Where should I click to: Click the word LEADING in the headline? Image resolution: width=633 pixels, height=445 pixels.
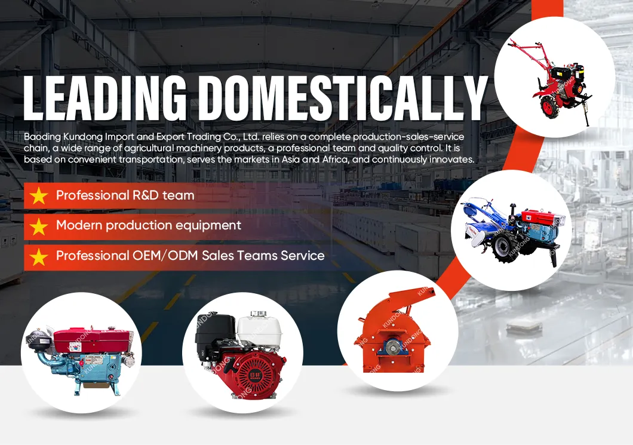coord(105,97)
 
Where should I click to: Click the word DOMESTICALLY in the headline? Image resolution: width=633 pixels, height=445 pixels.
coord(343,97)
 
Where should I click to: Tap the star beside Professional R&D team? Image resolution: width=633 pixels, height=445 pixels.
coord(39,196)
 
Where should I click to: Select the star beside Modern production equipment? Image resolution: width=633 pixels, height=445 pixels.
coord(39,226)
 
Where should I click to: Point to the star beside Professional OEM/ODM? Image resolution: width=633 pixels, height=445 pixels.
coord(39,257)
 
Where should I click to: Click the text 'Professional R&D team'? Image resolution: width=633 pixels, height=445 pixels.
coord(125,195)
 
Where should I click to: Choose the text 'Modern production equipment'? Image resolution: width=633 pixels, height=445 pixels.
coord(149,225)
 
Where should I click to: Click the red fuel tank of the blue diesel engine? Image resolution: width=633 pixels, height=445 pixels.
coord(93,340)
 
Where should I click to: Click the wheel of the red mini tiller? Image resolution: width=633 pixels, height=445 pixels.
coord(550,108)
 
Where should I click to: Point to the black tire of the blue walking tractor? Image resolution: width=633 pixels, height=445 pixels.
coord(505,247)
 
